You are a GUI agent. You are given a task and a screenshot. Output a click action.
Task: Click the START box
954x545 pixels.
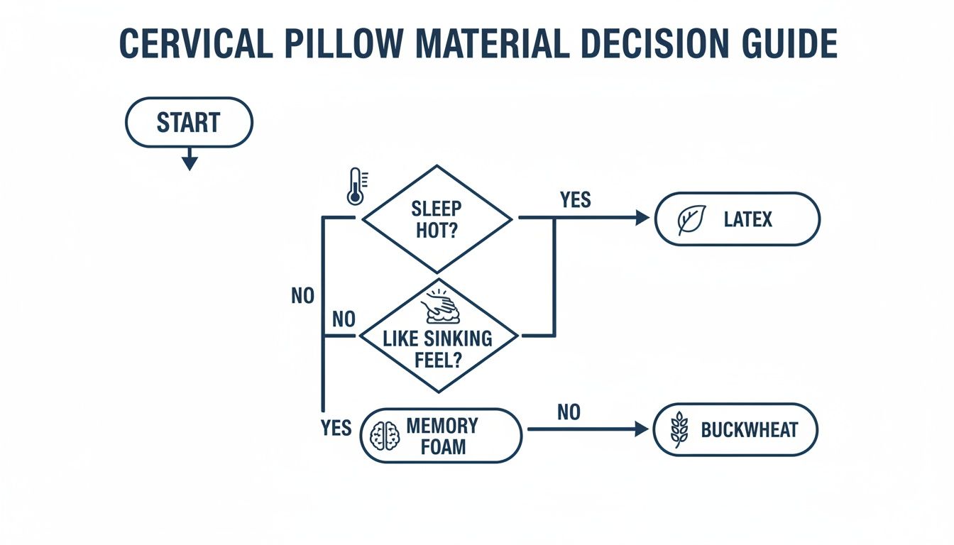click(x=189, y=123)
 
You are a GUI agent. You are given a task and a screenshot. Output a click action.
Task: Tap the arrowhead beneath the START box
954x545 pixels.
click(x=189, y=163)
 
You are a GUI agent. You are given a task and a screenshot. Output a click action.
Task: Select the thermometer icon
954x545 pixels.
click(x=355, y=186)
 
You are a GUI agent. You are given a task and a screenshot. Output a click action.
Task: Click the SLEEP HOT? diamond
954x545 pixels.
click(x=437, y=219)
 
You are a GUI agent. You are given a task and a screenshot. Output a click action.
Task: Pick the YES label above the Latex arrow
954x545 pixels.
click(x=575, y=200)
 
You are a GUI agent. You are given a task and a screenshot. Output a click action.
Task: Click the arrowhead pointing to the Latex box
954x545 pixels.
click(x=642, y=219)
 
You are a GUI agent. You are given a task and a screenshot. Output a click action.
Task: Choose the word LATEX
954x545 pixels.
click(x=747, y=220)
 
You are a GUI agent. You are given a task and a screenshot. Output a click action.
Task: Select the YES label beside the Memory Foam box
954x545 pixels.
click(x=336, y=428)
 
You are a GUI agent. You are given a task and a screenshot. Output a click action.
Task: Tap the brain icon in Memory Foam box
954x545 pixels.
click(x=386, y=435)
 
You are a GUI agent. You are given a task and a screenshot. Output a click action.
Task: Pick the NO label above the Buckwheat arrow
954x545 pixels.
click(x=569, y=412)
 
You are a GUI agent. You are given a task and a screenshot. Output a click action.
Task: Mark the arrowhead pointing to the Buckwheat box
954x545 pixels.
click(x=642, y=429)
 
